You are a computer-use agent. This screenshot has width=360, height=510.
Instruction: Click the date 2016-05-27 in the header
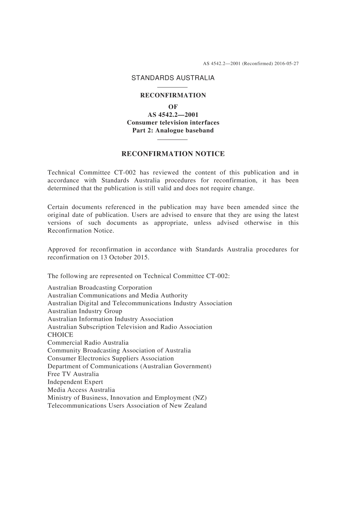point(286,64)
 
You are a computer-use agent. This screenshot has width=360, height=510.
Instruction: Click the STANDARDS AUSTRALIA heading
point(173,78)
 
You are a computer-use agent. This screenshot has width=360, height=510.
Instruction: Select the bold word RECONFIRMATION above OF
point(173,96)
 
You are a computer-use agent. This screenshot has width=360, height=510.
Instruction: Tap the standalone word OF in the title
point(173,107)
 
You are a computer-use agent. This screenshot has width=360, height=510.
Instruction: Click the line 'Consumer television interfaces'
point(173,122)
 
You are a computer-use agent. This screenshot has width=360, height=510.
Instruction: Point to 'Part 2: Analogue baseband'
point(173,130)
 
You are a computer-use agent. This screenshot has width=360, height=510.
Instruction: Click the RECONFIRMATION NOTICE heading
point(173,154)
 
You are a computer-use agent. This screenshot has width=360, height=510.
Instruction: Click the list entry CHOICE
point(60,335)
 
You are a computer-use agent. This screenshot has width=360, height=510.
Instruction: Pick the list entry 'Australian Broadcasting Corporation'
point(100,288)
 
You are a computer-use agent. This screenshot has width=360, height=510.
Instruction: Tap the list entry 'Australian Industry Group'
point(85,311)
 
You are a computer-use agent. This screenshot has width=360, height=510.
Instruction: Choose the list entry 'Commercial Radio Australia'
point(88,343)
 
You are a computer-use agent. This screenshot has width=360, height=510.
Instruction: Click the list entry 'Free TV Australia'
point(73,374)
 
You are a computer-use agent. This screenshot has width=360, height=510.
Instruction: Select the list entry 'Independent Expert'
point(75,382)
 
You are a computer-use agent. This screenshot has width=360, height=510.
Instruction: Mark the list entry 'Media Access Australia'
point(81,390)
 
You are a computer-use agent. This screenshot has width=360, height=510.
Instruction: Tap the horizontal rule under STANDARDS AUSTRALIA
point(172,88)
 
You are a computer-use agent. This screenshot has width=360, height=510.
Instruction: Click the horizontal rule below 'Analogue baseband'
point(172,140)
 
